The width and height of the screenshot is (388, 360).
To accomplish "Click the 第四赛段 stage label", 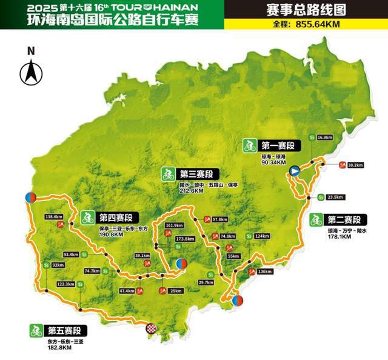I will click(x=115, y=217).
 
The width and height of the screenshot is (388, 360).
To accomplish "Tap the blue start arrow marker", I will click(x=294, y=172).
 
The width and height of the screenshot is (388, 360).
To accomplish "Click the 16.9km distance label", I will click(x=325, y=138).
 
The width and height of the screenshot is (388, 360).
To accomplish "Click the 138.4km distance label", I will click(x=54, y=216).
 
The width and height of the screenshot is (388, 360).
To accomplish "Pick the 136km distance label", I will click(x=265, y=272).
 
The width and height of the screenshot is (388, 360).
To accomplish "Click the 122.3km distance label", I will click(x=65, y=284).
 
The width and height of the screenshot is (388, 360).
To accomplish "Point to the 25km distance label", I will click(x=176, y=291).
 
